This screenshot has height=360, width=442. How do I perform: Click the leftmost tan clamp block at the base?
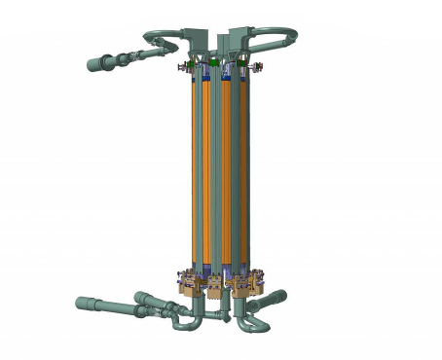click(x=186, y=283)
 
